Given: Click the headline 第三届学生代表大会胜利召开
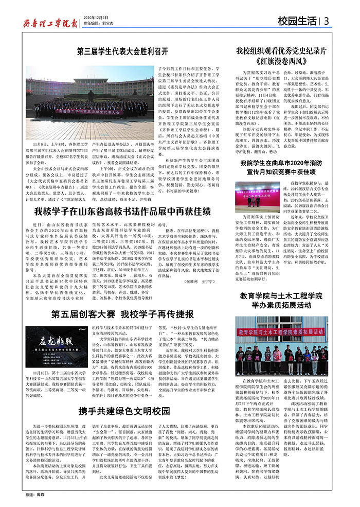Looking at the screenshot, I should click(123, 51).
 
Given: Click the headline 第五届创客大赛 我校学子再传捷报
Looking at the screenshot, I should click(123, 313).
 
